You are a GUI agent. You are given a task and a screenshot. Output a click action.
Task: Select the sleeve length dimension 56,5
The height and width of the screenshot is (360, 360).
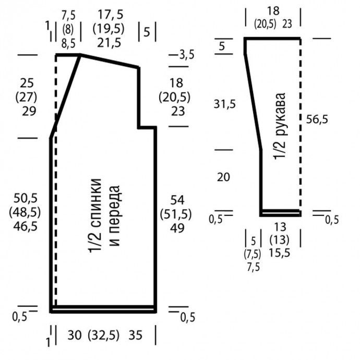317,119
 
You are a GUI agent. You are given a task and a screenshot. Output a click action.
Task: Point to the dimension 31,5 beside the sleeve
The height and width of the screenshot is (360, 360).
225,104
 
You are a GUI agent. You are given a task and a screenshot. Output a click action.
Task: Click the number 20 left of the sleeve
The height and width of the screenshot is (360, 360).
223,177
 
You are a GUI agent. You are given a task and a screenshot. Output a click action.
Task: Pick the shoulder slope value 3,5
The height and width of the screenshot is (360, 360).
186,54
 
